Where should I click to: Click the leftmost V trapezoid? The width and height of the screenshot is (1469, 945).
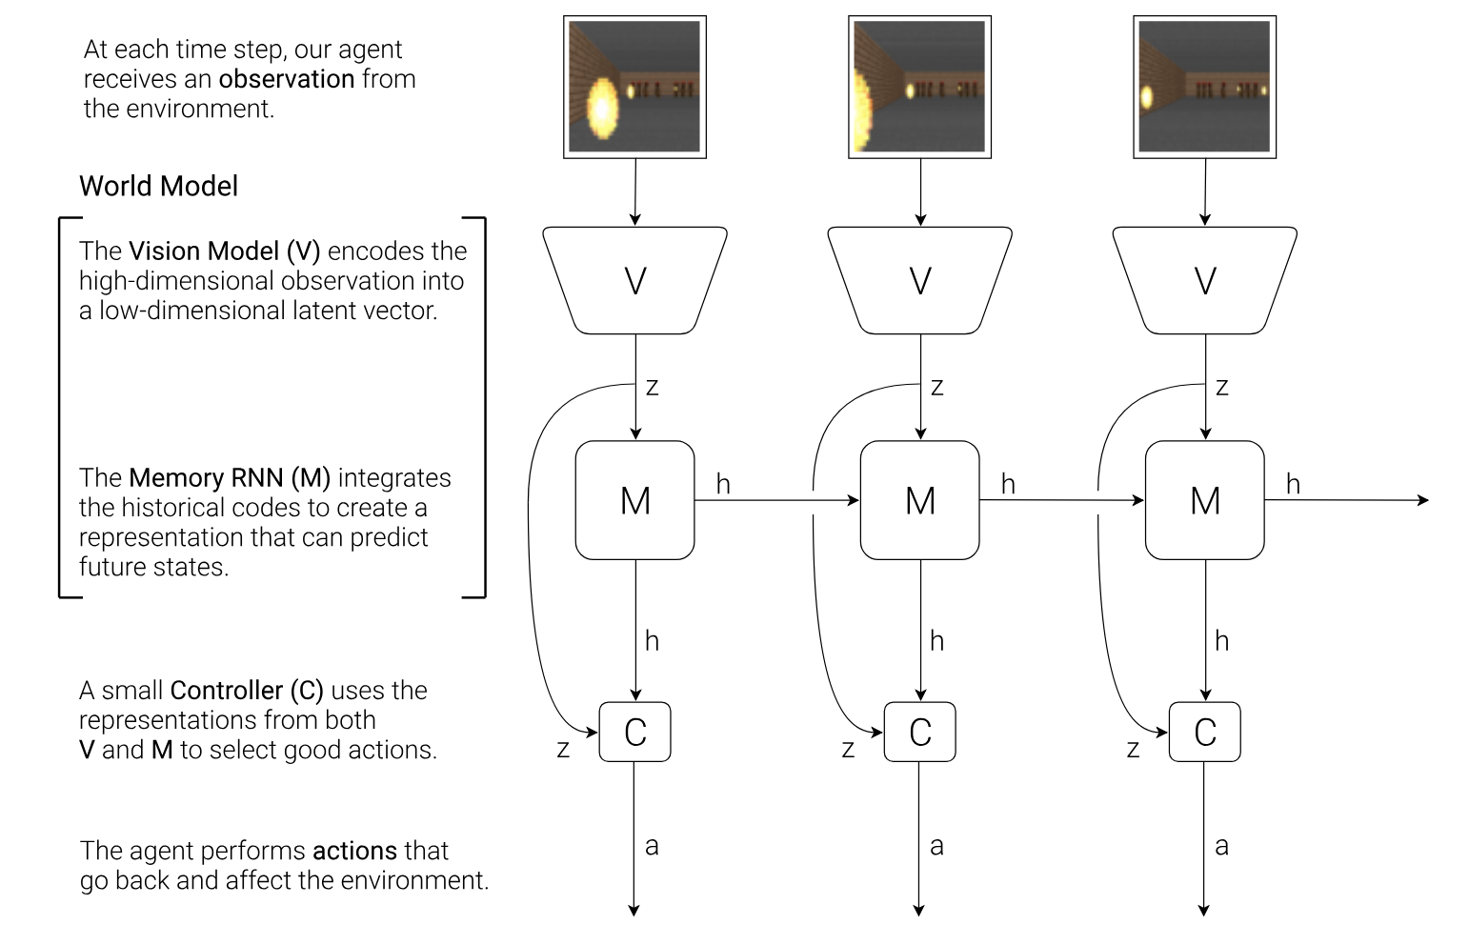634,281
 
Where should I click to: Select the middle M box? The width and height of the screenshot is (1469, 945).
919,500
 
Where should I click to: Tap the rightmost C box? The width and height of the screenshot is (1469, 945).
1205,732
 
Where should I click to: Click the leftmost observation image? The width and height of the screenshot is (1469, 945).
634,88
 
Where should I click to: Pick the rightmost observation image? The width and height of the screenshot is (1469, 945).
1205,88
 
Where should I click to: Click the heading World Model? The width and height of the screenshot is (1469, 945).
159,187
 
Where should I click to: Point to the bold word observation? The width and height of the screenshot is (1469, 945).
287,79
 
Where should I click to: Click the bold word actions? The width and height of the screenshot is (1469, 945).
354,851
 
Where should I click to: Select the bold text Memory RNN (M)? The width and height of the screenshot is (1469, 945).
230,478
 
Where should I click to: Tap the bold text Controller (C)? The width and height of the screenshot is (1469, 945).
247,691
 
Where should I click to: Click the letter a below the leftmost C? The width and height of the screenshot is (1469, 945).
652,847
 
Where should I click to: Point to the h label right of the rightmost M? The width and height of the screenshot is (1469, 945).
1293,484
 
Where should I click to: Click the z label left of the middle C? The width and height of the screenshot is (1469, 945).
848,749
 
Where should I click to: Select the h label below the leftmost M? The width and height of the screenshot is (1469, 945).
652,641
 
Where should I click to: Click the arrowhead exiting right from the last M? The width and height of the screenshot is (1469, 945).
1424,500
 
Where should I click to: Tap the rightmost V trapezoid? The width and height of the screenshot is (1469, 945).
1205,281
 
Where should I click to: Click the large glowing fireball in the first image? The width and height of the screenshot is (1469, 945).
602,109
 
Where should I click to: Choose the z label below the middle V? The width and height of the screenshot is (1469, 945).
936,388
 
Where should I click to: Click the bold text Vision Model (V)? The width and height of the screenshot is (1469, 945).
224,251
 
